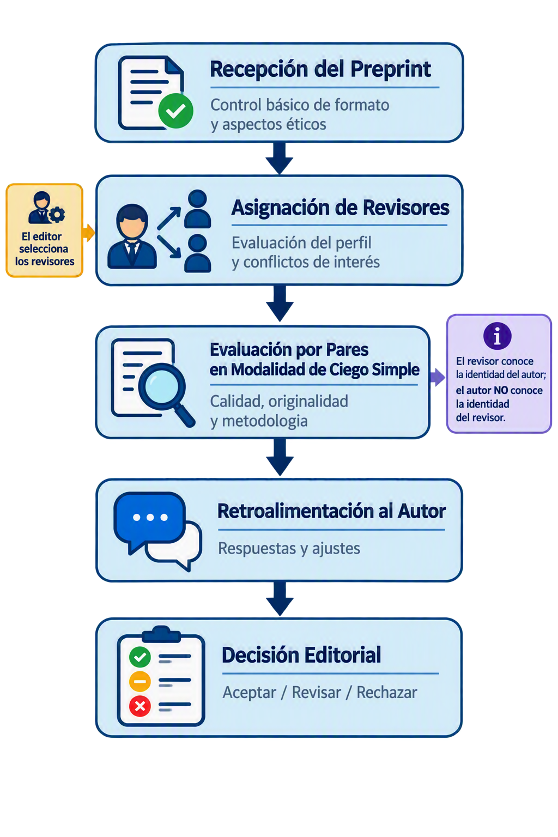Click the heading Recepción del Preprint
[320, 69]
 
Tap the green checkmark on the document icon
[175, 111]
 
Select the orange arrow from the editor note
[89, 233]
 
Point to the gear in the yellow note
[57, 214]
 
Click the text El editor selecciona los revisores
[45, 249]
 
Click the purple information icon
[497, 336]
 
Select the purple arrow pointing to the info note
[438, 377]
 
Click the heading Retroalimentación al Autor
[331, 511]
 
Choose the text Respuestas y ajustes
[289, 549]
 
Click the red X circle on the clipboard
[140, 706]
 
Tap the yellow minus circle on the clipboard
[140, 681]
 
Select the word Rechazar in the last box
[386, 693]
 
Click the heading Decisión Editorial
[301, 654]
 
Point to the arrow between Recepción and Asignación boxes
[279, 158]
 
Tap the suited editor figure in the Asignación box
[132, 236]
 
